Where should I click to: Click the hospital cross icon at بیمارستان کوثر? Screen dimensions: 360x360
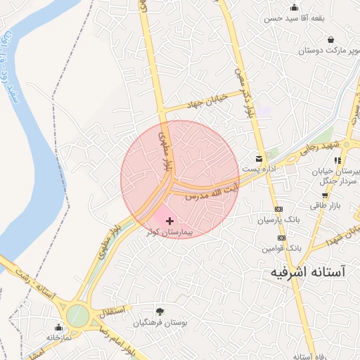169,221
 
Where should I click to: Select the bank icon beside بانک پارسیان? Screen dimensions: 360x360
279,209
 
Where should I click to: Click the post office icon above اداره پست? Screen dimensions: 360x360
259,158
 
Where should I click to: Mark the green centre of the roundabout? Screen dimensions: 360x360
78,316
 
